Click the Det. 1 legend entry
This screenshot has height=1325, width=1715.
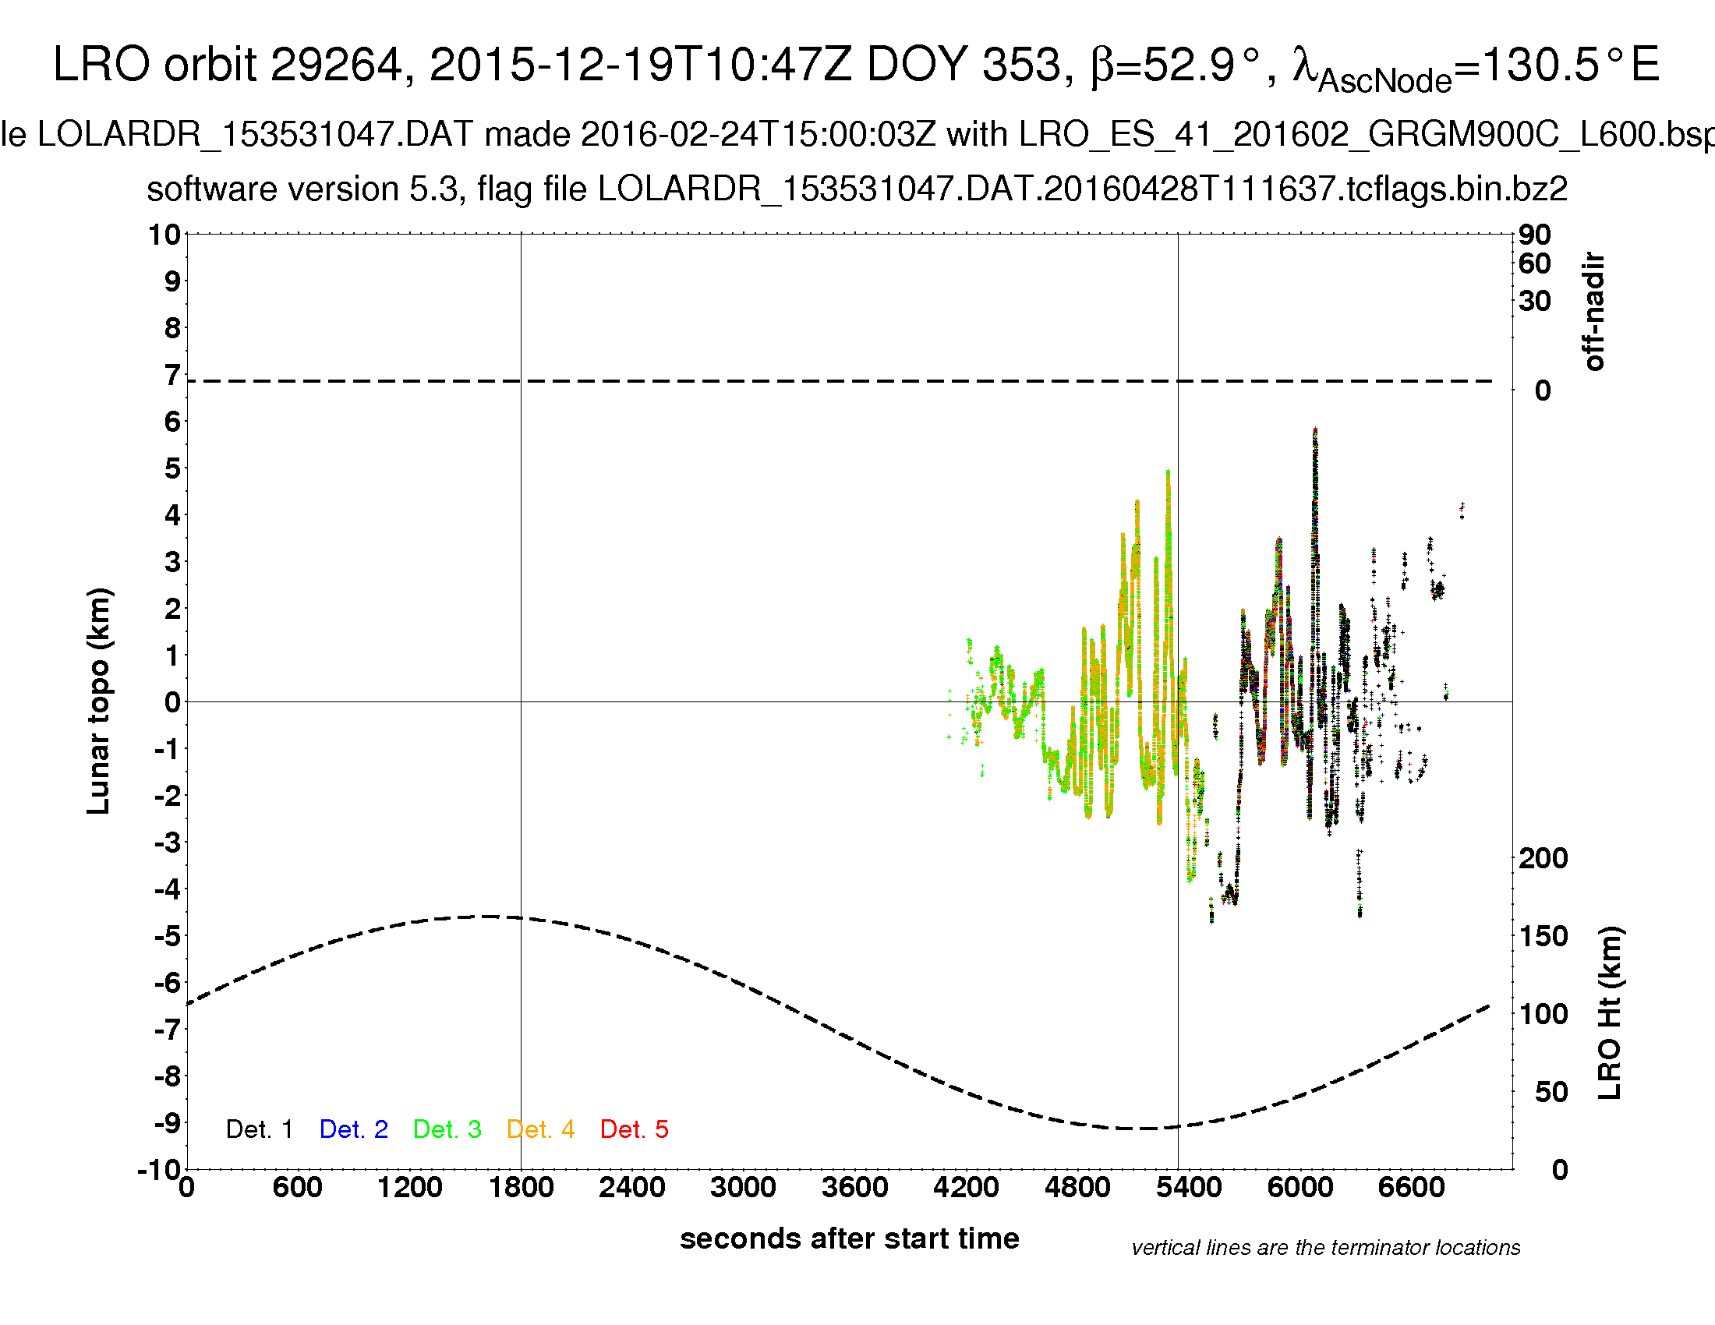(259, 1129)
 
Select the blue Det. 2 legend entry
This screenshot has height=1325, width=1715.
(353, 1129)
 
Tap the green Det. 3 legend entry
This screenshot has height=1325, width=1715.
(447, 1129)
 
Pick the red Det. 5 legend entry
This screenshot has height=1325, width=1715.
(634, 1129)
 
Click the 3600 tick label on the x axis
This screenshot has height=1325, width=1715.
(854, 1187)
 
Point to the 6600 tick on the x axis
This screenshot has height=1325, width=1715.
(1411, 1187)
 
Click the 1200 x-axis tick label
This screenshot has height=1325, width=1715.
(409, 1187)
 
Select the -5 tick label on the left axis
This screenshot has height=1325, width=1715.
(168, 935)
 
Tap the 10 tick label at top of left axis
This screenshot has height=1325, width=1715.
(165, 234)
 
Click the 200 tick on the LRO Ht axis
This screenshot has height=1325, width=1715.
(1543, 858)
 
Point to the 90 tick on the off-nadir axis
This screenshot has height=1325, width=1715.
(1534, 234)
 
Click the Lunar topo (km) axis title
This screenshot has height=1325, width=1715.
(99, 701)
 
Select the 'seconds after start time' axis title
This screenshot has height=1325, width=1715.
(850, 1238)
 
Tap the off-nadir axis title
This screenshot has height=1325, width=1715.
(1594, 311)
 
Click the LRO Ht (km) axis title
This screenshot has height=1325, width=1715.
(1610, 1013)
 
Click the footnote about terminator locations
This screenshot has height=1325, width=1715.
(1325, 1248)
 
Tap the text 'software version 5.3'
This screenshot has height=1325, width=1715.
(302, 189)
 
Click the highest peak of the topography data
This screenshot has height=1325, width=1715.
(1315, 430)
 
